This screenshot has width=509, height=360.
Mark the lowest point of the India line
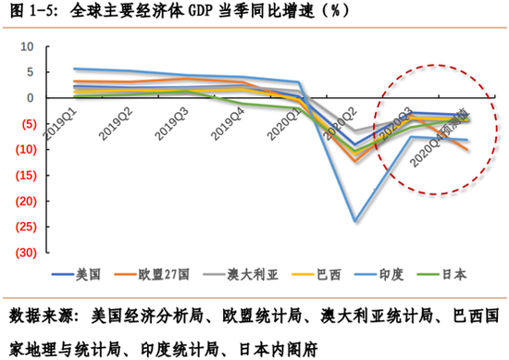353,221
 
